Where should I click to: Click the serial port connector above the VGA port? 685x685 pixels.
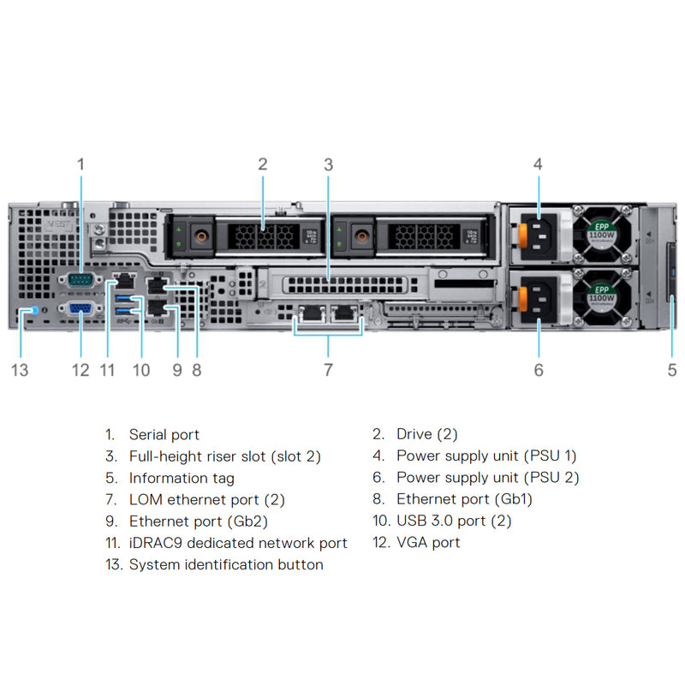pyautogui.click(x=80, y=280)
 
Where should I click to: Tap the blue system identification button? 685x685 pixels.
pyautogui.click(x=32, y=311)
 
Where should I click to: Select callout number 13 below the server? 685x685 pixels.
pyautogui.click(x=20, y=370)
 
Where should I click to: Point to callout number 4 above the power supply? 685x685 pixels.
pyautogui.click(x=538, y=164)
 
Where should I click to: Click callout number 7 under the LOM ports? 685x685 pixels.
pyautogui.click(x=328, y=370)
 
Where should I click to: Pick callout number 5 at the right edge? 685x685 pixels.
pyautogui.click(x=672, y=370)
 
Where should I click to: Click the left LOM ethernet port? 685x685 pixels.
pyautogui.click(x=310, y=314)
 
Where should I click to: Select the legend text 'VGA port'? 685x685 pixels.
pyautogui.click(x=428, y=542)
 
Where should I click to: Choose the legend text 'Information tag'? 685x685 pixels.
pyautogui.click(x=182, y=478)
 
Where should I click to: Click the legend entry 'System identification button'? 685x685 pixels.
pyautogui.click(x=226, y=564)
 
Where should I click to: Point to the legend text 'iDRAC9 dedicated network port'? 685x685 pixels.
pyautogui.click(x=238, y=543)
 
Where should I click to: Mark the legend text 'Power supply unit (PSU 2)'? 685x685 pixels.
pyautogui.click(x=487, y=478)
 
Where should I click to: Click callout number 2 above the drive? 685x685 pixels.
pyautogui.click(x=263, y=164)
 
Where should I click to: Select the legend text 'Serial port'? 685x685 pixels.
pyautogui.click(x=164, y=435)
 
